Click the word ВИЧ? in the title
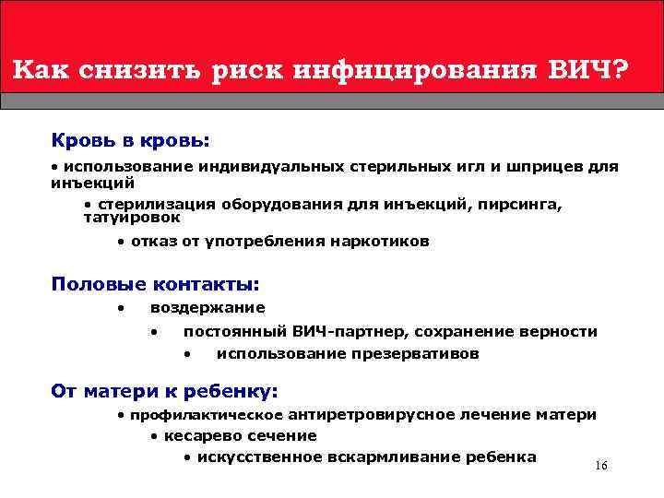[x=587, y=71]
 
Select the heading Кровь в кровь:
[x=130, y=141]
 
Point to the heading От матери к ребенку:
[x=164, y=391]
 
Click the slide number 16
[x=601, y=466]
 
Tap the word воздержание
[x=207, y=308]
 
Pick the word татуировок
[x=132, y=219]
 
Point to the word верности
[x=558, y=331]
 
